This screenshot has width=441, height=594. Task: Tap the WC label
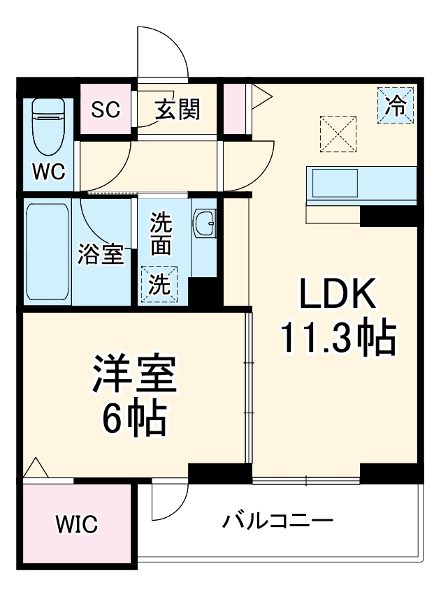click(x=48, y=171)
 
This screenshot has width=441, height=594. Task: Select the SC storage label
click(x=106, y=109)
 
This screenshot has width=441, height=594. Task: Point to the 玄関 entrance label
click(x=177, y=109)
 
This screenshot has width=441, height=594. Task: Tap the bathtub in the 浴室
click(x=48, y=252)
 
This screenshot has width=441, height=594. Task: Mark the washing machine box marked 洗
click(x=159, y=284)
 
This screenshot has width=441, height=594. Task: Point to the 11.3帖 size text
click(x=339, y=339)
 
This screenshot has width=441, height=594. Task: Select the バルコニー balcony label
click(x=277, y=521)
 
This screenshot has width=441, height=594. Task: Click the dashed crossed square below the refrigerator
click(x=338, y=134)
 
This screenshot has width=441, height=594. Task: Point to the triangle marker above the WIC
click(x=36, y=470)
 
